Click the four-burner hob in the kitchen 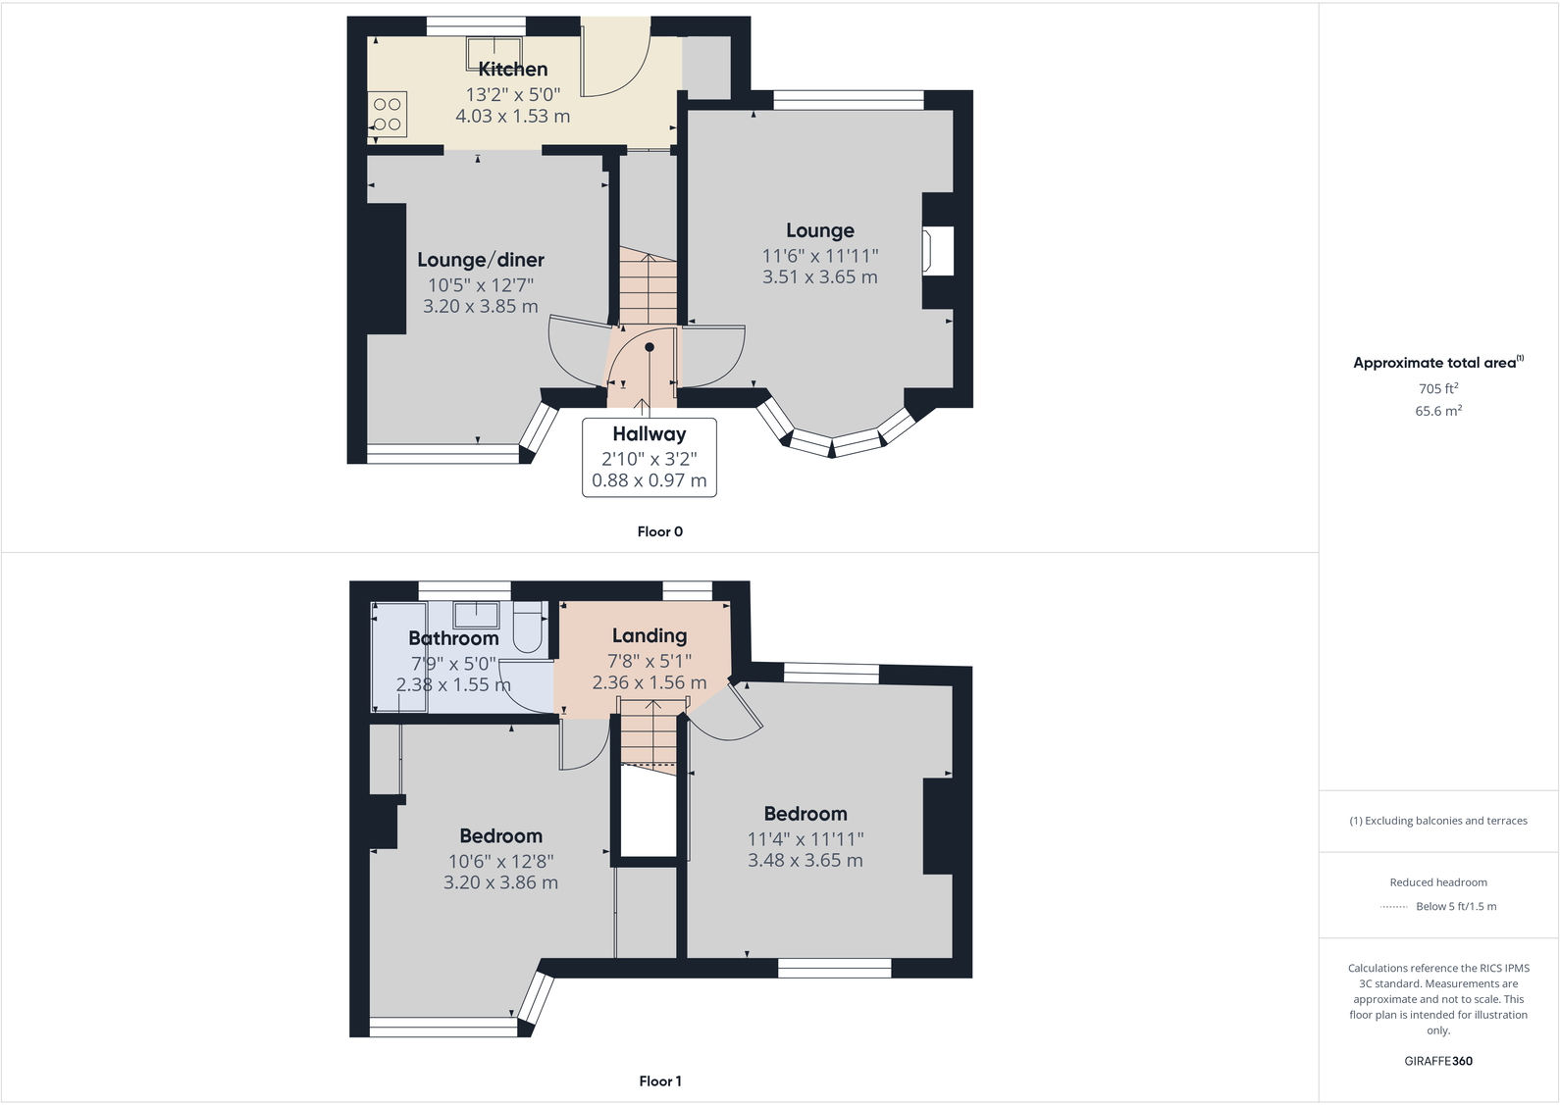[x=388, y=114]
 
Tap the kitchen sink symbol [x=493, y=53]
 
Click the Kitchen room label [x=512, y=70]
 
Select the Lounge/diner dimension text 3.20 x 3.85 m [x=480, y=307]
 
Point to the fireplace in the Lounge [x=937, y=251]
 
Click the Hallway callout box [x=649, y=457]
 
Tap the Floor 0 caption [x=659, y=531]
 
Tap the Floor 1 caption [x=659, y=1081]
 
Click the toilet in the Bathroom [x=528, y=628]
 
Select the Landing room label [x=649, y=636]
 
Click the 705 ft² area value [x=1437, y=388]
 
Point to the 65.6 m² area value [x=1437, y=411]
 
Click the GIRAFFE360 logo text [x=1437, y=1061]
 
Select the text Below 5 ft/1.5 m [x=1455, y=906]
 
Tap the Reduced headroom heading [x=1437, y=882]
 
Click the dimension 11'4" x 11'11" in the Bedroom [x=805, y=839]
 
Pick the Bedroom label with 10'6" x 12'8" [x=500, y=836]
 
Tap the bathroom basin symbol [x=476, y=615]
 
